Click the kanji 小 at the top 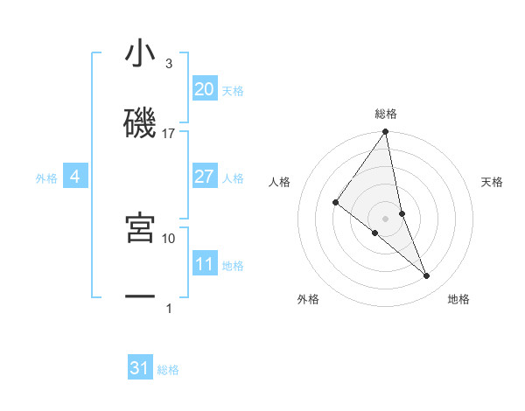(x=140, y=55)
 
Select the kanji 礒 (x=140, y=125)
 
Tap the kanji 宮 (x=140, y=228)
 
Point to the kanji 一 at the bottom (x=140, y=298)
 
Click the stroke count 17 (x=169, y=134)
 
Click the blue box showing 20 (x=204, y=89)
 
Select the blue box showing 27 (x=204, y=177)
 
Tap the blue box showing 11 (x=204, y=264)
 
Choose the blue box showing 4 (x=75, y=177)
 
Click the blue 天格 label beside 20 (x=233, y=91)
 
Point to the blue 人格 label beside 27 (x=233, y=178)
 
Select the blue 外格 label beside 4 (x=46, y=178)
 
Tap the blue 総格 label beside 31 (x=168, y=370)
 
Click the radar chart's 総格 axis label (x=386, y=114)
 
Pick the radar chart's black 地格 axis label (x=458, y=299)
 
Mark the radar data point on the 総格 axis (x=385, y=132)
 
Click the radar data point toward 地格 (x=427, y=275)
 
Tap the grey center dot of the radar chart (x=385, y=218)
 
